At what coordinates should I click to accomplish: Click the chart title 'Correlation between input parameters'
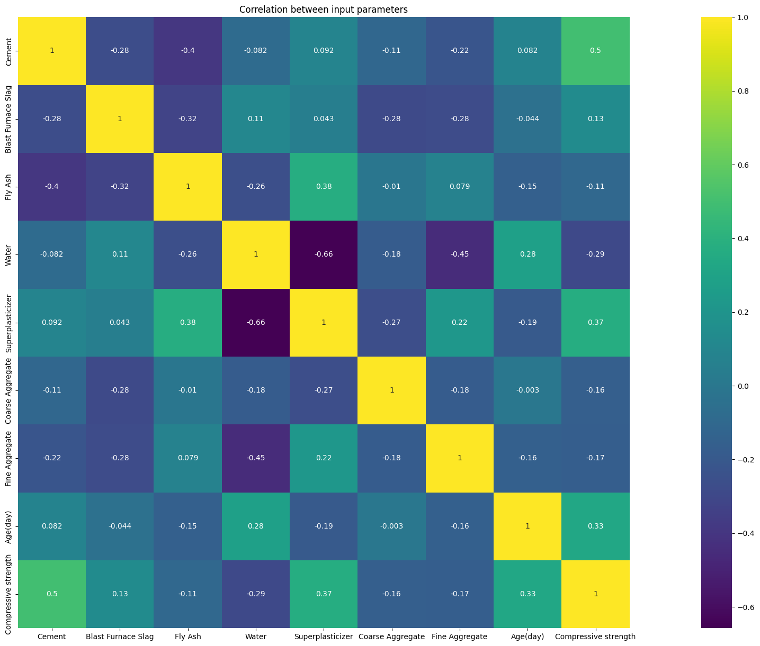click(x=324, y=10)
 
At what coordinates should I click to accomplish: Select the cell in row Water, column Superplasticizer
click(x=324, y=254)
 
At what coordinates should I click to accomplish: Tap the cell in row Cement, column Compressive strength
click(x=596, y=51)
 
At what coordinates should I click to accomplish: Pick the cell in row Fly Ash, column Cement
click(x=52, y=187)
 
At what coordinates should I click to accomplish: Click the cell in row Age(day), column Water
click(x=256, y=526)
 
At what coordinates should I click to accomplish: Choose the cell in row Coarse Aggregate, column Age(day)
click(x=527, y=390)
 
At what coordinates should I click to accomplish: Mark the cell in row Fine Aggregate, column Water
click(x=256, y=458)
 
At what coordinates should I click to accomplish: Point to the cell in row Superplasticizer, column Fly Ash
click(x=188, y=323)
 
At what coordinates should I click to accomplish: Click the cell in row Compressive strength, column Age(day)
click(x=527, y=594)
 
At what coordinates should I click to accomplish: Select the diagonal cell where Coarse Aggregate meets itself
click(x=392, y=390)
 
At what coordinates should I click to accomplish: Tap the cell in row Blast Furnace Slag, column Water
click(x=256, y=119)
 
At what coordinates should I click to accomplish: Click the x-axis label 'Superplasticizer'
click(x=324, y=637)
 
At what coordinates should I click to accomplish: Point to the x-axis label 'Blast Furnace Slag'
click(x=120, y=637)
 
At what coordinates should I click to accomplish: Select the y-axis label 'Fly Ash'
click(x=8, y=187)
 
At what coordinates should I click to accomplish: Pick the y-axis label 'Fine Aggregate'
click(x=8, y=458)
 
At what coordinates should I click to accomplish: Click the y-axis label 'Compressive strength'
click(x=8, y=594)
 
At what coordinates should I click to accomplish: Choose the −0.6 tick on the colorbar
click(x=741, y=607)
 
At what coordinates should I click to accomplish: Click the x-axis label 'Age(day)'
click(x=527, y=637)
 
